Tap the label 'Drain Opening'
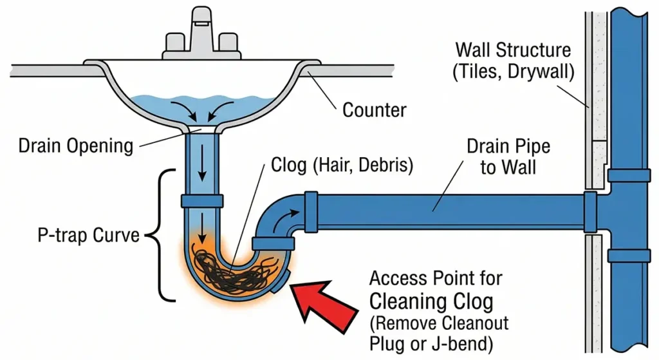click(75, 146)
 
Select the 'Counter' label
click(374, 109)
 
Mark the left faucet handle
click(175, 43)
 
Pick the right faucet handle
click(228, 43)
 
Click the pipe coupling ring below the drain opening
click(201, 200)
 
